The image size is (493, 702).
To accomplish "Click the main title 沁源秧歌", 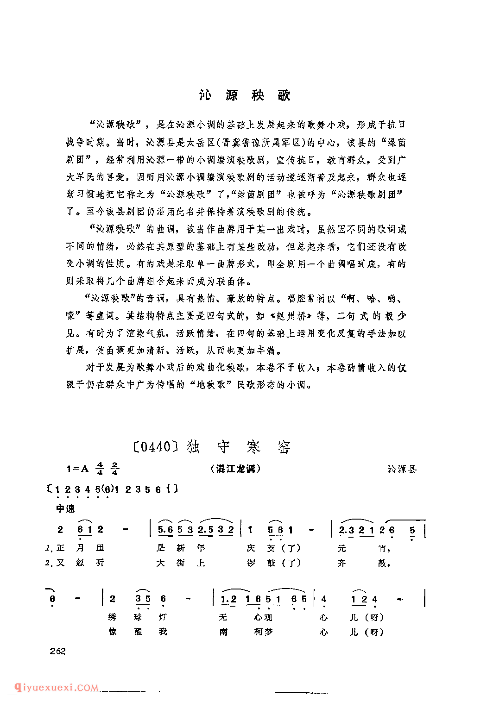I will (245, 95).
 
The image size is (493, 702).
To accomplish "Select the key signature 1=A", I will (77, 469).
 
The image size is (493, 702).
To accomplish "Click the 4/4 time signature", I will (100, 469).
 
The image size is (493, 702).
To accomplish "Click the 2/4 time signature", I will (114, 469).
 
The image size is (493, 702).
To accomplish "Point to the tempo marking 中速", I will (65, 508).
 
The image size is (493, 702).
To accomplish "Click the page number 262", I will (58, 651).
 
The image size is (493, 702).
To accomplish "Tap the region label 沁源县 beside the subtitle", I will (402, 469).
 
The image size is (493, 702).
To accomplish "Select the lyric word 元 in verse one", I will (341, 548).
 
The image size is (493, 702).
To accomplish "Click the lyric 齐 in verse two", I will (341, 563).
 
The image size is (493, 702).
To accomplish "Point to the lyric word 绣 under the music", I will (112, 617).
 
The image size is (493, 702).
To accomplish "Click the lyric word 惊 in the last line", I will (112, 632).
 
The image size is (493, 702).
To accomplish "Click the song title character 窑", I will (284, 447).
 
